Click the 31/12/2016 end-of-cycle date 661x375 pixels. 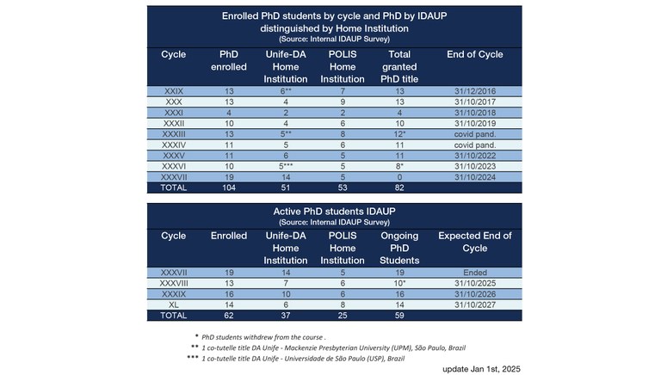tap(474, 89)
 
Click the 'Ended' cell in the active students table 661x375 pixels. tap(474, 272)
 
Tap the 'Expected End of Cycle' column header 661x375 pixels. tap(474, 242)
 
